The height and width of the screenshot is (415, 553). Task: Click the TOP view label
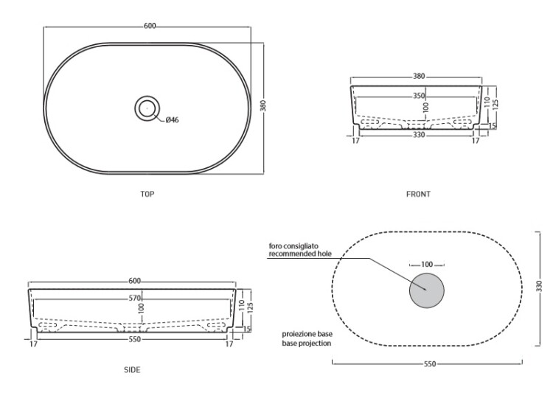pyautogui.click(x=147, y=194)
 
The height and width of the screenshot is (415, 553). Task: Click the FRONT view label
pyautogui.click(x=418, y=194)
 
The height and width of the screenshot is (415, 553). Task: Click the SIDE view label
pyautogui.click(x=132, y=369)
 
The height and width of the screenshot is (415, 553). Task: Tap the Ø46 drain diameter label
pyautogui.click(x=172, y=120)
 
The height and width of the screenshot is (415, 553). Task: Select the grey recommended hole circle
pyautogui.click(x=427, y=290)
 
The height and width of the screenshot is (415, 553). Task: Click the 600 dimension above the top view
pyautogui.click(x=150, y=26)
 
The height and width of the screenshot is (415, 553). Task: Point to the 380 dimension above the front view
pyautogui.click(x=419, y=76)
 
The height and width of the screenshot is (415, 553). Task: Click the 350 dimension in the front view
pyautogui.click(x=419, y=96)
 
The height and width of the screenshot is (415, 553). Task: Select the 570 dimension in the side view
pyautogui.click(x=135, y=298)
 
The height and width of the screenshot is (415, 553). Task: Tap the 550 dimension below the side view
pyautogui.click(x=135, y=339)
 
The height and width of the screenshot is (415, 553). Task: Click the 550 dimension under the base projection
pyautogui.click(x=430, y=364)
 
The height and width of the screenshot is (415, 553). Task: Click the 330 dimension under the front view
pyautogui.click(x=419, y=135)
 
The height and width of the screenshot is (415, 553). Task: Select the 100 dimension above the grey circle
pyautogui.click(x=427, y=264)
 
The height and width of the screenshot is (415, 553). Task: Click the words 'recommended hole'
pyautogui.click(x=301, y=254)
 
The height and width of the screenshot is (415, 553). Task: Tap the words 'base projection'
pyautogui.click(x=307, y=343)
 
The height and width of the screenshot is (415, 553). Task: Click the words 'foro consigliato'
pyautogui.click(x=293, y=245)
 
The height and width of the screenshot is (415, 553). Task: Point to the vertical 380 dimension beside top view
pyautogui.click(x=262, y=106)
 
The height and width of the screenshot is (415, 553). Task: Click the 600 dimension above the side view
pyautogui.click(x=135, y=281)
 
